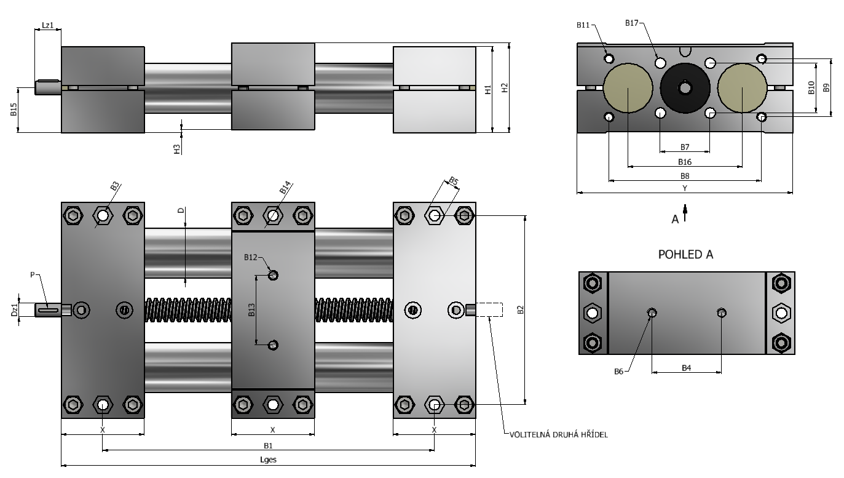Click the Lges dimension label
tap(268, 460)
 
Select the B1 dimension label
tap(268, 445)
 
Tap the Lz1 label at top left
tap(47, 25)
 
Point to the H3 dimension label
tap(177, 149)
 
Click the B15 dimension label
tap(14, 110)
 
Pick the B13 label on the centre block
tap(251, 310)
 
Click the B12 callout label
tap(251, 258)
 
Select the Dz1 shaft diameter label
tap(14, 309)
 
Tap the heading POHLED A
tap(686, 255)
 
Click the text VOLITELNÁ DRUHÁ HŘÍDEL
tap(559, 435)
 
